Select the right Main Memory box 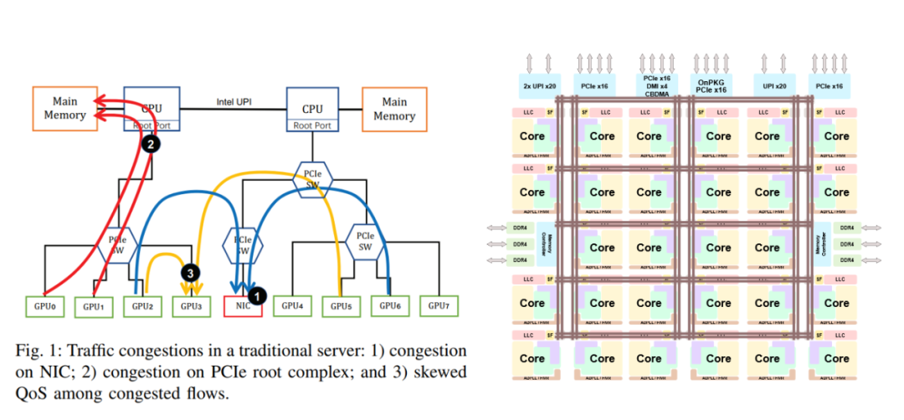click(x=393, y=109)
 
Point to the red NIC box click(x=244, y=305)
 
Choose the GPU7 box click(x=438, y=305)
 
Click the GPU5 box click(x=340, y=306)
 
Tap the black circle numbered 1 click(x=258, y=295)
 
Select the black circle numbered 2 click(x=151, y=144)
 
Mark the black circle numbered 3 click(x=190, y=274)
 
